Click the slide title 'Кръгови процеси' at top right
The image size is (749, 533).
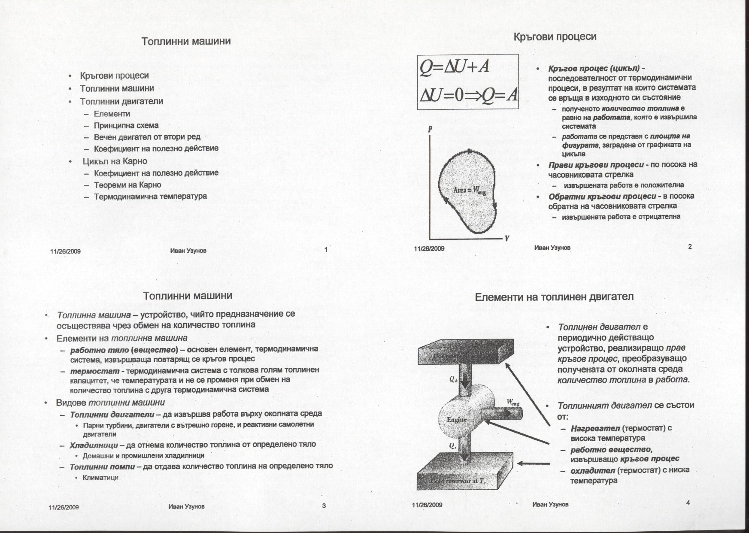[555, 36]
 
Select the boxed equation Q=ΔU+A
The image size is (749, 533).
[455, 68]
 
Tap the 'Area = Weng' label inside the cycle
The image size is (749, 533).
[470, 191]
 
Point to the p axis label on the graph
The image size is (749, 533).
[430, 128]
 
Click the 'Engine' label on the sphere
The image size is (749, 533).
[457, 419]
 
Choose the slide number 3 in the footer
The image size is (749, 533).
[324, 506]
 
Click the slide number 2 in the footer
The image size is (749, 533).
[690, 247]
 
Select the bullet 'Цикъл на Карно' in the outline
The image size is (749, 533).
[115, 161]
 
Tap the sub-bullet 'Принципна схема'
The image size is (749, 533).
[126, 126]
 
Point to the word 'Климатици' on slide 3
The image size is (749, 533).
[100, 478]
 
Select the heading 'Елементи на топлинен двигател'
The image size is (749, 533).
[554, 297]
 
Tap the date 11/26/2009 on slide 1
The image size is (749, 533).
[66, 251]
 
